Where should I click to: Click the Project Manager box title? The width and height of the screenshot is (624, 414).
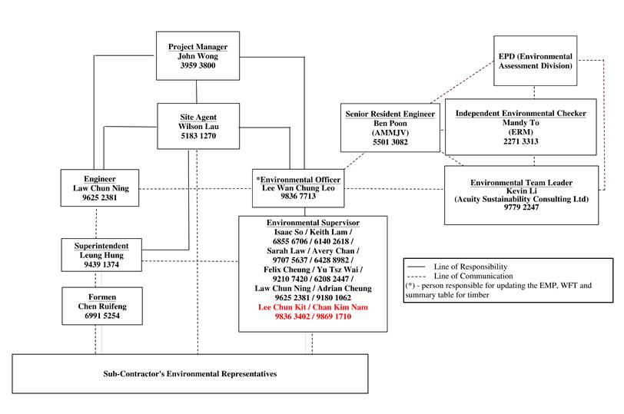(x=197, y=47)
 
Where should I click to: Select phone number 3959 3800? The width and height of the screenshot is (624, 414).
(x=197, y=66)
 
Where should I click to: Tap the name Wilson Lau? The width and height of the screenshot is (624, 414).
(x=197, y=126)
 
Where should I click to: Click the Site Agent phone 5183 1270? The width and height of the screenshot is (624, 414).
(x=197, y=136)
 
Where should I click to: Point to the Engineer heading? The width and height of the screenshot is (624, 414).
(x=100, y=178)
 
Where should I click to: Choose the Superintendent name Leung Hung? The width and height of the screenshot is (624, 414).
(x=101, y=255)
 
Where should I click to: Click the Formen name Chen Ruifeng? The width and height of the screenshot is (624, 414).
(x=101, y=305)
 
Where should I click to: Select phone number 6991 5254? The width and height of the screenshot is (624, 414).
(x=101, y=315)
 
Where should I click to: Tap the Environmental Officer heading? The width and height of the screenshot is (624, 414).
(x=299, y=179)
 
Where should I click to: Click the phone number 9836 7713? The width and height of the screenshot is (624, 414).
(x=299, y=197)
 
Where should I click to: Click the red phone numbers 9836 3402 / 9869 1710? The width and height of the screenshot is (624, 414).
(x=313, y=316)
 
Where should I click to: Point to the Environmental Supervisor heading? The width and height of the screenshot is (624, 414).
(x=313, y=223)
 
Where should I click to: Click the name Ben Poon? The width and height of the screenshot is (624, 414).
(x=390, y=124)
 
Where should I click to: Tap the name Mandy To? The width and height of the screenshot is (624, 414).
(x=520, y=123)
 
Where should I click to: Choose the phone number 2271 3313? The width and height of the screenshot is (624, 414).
(x=520, y=142)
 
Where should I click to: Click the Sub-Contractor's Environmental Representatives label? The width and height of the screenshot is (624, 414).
(x=190, y=374)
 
